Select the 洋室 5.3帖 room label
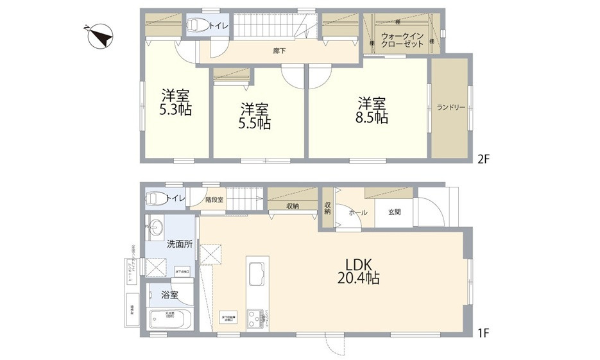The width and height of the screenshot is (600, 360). (x=175, y=103)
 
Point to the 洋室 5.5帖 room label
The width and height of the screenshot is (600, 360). (x=255, y=116)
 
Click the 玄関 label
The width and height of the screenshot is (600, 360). (x=394, y=212)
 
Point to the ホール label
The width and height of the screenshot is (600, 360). (x=357, y=212)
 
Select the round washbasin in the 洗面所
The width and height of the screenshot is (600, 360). (x=155, y=227)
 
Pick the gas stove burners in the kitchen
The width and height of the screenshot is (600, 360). (x=256, y=317)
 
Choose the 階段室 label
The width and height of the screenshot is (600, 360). (x=214, y=200)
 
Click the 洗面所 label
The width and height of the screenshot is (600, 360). (x=179, y=244)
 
